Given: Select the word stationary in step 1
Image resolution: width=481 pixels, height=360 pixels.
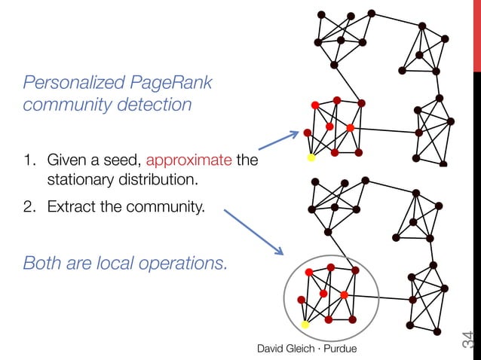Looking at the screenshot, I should tap(79, 181).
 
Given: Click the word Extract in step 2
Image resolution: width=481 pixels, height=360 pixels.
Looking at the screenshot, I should tap(71, 206).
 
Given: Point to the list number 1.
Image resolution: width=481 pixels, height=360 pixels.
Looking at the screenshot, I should tap(29, 160).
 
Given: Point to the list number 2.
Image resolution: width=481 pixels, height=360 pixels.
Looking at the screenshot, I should tap(29, 206).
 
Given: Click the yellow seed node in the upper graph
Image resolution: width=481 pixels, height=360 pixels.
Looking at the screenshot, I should tap(311, 158).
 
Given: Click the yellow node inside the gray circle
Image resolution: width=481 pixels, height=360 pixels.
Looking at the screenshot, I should tap(305, 325).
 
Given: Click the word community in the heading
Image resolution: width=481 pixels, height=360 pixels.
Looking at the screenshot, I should tap(63, 105).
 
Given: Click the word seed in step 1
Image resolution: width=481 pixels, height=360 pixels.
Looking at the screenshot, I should tap(124, 160).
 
